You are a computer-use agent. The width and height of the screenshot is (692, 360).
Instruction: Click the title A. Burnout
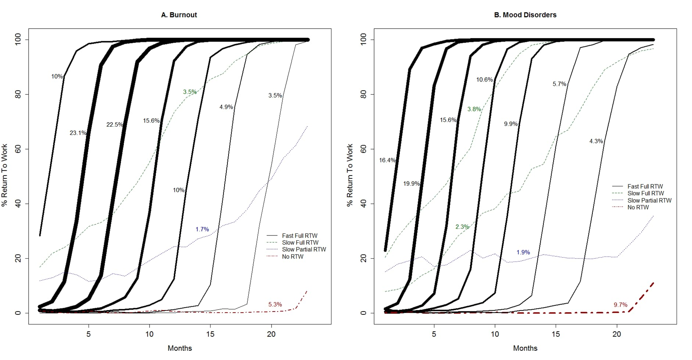(179, 15)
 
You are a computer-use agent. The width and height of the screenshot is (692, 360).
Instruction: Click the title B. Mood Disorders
(525, 15)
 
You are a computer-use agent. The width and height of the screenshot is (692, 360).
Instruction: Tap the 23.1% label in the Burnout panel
(78, 133)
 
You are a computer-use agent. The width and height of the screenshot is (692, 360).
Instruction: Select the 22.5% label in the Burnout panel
(115, 125)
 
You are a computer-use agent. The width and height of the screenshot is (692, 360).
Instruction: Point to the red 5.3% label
(275, 305)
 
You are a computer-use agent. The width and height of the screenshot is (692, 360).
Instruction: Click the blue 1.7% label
(202, 230)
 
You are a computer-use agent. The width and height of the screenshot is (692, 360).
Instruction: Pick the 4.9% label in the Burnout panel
(226, 107)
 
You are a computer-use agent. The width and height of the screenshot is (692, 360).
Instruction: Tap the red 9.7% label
(620, 305)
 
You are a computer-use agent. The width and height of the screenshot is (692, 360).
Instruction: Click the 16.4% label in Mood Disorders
(387, 161)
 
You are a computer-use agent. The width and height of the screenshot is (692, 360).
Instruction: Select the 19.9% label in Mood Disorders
(411, 184)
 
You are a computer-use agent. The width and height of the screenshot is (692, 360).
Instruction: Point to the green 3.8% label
(474, 109)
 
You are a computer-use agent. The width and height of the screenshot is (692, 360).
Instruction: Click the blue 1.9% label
(523, 252)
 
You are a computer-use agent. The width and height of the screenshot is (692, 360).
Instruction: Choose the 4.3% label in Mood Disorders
(596, 141)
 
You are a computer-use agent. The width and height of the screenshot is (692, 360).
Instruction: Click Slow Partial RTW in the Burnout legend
(304, 249)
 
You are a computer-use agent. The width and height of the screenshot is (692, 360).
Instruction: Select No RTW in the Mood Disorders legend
(638, 207)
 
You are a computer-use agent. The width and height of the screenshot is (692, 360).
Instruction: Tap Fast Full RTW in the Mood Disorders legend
(645, 186)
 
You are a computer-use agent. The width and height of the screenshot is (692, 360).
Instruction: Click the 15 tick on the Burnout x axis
(210, 334)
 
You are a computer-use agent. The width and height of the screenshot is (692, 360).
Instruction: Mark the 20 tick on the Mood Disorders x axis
(617, 334)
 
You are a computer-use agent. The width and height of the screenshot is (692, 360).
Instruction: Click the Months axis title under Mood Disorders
(525, 348)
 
